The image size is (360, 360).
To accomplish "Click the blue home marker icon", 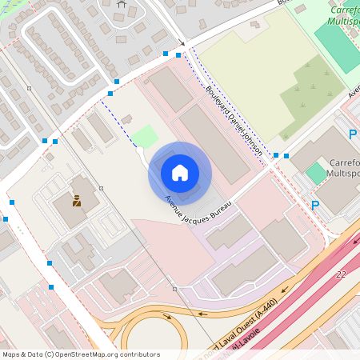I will (x=180, y=173).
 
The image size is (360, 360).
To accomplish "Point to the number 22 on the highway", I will (x=342, y=274).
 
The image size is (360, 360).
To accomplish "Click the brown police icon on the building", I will (x=77, y=201).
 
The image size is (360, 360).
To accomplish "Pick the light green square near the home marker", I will (x=145, y=136).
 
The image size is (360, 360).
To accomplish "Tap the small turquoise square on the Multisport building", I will (x=316, y=172).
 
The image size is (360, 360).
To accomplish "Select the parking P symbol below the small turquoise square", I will (x=315, y=206).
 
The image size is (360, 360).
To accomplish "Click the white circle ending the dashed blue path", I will (x=140, y=149).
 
